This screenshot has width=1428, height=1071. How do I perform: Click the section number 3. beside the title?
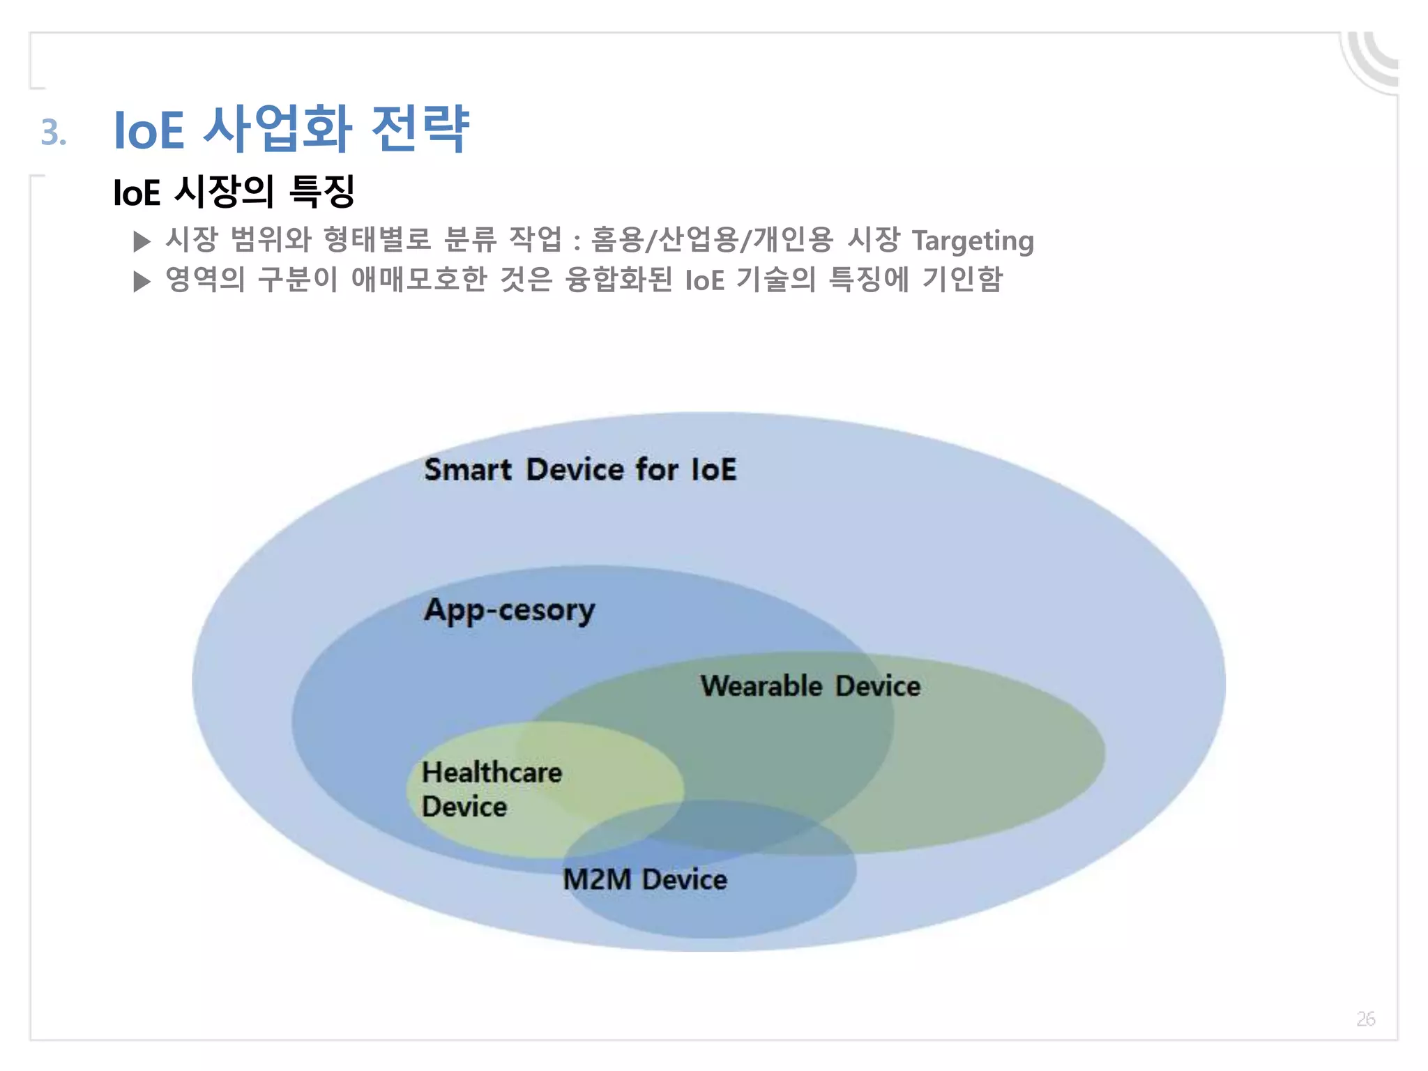click(54, 132)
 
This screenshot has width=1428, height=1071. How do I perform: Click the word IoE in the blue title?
click(149, 130)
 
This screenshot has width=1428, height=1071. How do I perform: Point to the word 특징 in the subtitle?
click(322, 192)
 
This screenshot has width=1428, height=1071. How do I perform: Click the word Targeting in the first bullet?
click(973, 241)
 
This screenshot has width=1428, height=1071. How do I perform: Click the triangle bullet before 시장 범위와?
click(142, 241)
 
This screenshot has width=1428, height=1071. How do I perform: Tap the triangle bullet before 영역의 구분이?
click(142, 282)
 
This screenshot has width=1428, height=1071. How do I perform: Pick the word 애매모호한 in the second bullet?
click(418, 280)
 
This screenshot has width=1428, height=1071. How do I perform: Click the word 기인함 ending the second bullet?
click(962, 280)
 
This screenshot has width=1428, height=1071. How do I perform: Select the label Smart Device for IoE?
click(580, 469)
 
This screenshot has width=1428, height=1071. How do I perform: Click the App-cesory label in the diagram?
click(510, 610)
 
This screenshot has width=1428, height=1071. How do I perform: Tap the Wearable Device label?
click(810, 686)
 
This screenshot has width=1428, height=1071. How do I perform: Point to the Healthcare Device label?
click(492, 789)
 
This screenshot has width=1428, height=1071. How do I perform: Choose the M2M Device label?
click(644, 879)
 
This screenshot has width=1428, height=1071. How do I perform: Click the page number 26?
click(1365, 1019)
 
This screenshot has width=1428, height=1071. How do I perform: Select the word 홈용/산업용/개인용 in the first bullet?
click(712, 241)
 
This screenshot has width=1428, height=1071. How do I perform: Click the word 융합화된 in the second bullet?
click(618, 280)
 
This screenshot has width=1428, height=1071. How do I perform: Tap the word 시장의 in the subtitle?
click(223, 192)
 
